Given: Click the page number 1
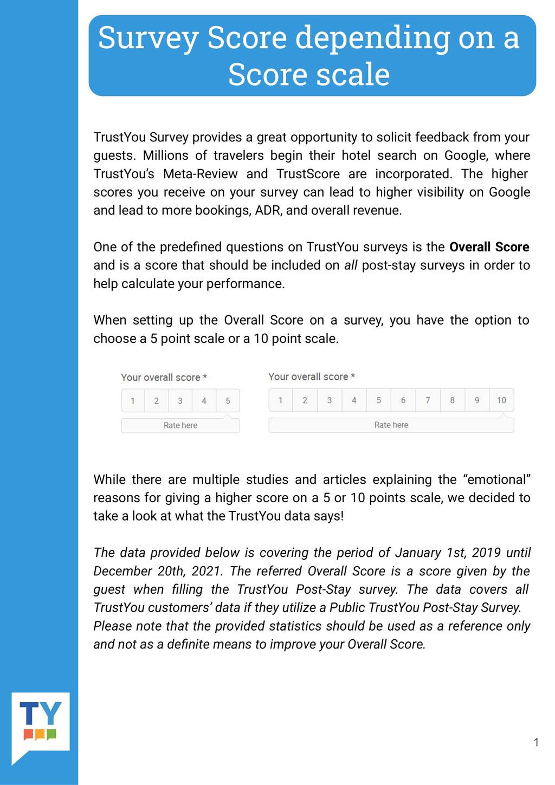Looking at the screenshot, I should click(x=536, y=742).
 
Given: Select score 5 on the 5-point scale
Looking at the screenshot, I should click(x=228, y=401).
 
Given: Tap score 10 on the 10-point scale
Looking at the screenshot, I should click(x=501, y=400).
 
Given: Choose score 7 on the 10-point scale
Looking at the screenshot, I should click(x=428, y=400).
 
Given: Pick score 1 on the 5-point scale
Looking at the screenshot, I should click(x=133, y=401).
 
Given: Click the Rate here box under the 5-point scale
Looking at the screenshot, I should click(x=180, y=425).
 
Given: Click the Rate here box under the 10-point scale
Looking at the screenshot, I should click(x=391, y=425).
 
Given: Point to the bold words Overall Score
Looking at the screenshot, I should click(x=489, y=247).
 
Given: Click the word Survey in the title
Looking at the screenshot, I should click(x=148, y=38).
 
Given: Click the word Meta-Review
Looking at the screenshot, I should click(x=200, y=174).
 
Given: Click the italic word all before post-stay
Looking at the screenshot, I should click(x=351, y=265).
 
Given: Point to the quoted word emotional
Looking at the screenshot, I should click(x=497, y=479).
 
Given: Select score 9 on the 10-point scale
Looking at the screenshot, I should click(x=477, y=400).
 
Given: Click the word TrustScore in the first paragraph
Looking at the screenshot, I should click(x=308, y=174).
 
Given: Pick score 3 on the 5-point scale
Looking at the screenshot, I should click(x=180, y=401).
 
